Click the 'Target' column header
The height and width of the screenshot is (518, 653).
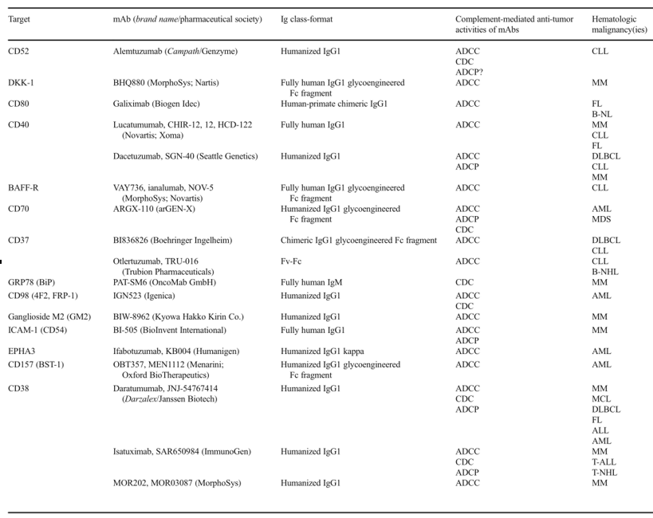tap(19, 19)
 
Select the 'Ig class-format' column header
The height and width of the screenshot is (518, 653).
tap(307, 19)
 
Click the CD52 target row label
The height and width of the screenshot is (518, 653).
tap(18, 52)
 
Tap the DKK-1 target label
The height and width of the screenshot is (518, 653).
tap(21, 83)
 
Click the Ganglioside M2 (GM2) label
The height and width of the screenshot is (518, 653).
tap(48, 316)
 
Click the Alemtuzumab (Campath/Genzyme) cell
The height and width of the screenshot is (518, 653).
tap(175, 52)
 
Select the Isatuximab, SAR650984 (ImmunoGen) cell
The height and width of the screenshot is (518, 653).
tap(182, 452)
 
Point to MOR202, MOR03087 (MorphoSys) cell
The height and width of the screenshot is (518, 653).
tap(177, 483)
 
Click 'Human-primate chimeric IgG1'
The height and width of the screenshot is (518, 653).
tap(334, 104)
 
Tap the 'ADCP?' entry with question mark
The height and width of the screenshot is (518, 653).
tap(469, 73)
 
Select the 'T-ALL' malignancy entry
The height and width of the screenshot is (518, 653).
tap(604, 462)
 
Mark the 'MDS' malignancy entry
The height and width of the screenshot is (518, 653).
tap(601, 219)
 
